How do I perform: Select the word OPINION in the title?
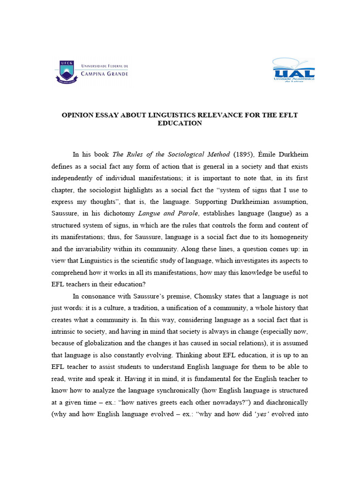[80, 115]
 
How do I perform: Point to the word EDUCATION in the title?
[180, 123]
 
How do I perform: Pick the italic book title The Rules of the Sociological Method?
[171, 154]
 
